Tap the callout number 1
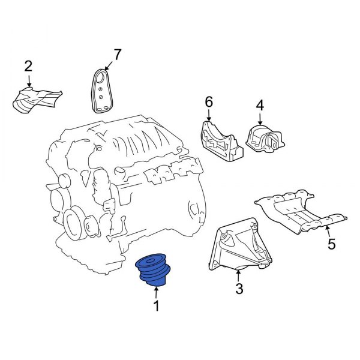pos(157,307)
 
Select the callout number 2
pos(28,65)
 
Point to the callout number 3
pos(239,289)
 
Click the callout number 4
pos(260,106)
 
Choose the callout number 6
pos(209,103)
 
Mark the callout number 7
pos(116,55)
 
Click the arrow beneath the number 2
pos(28,80)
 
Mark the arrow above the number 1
pos(157,293)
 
